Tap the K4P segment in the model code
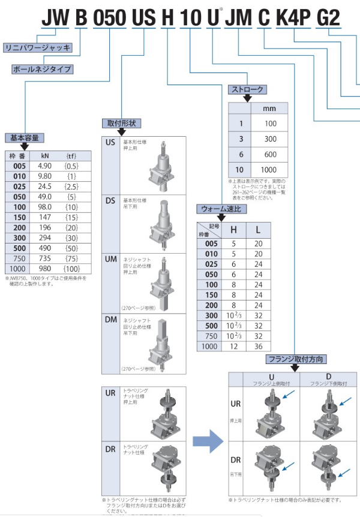click(293, 18)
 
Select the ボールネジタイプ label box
click(43, 69)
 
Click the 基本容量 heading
click(24, 137)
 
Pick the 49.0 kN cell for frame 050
click(45, 197)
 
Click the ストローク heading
click(247, 89)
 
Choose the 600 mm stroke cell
click(270, 154)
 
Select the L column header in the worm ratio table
click(258, 229)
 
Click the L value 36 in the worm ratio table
click(258, 347)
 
